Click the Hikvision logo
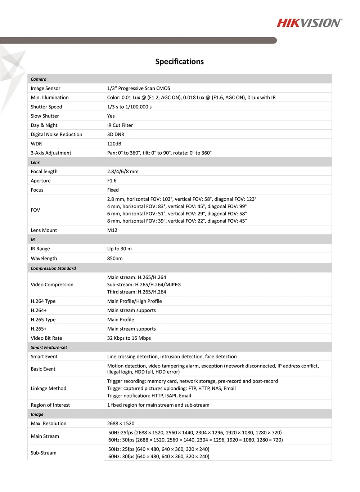click(310, 23)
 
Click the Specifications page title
click(179, 62)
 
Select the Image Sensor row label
click(45, 88)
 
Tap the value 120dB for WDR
click(114, 144)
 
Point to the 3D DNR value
click(116, 134)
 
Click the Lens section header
click(35, 162)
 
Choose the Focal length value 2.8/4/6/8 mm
click(123, 171)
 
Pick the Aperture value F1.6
click(112, 181)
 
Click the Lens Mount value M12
click(112, 230)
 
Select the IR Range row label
click(40, 249)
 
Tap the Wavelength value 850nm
click(115, 259)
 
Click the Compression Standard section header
click(53, 268)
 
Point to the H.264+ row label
click(39, 310)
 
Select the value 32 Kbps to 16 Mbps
click(129, 338)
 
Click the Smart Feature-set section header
click(49, 348)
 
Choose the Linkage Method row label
click(49, 388)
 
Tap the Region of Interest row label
click(50, 405)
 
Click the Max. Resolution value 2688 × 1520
click(121, 424)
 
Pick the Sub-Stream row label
click(44, 453)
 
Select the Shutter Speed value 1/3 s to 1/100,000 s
click(129, 107)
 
